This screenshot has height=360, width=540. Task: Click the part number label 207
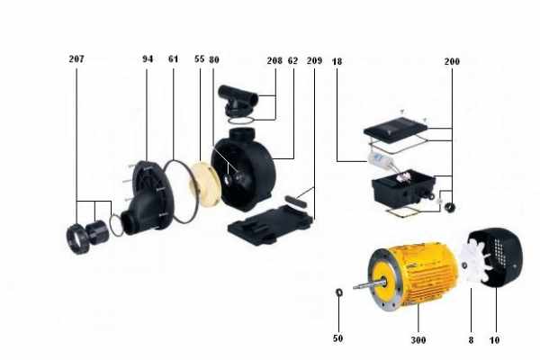pos(76,58)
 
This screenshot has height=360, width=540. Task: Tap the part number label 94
pos(148,58)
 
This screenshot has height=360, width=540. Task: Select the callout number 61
pos(173,58)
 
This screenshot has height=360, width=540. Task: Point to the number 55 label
pos(200,58)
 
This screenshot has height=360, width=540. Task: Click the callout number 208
pos(274,60)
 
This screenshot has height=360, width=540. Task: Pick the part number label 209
pos(314,60)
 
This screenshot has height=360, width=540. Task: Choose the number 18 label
pos(337,61)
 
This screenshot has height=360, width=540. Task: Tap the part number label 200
pos(452,61)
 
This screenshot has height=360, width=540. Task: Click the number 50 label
pos(337,338)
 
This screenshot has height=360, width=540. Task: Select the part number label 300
pos(418,340)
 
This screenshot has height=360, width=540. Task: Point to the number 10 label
pos(494,340)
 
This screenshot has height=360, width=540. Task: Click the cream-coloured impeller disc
pos(205,184)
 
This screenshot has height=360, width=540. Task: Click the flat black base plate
pos(271,225)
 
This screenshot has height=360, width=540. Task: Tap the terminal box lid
pos(395,129)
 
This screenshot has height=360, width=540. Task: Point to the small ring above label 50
pos(339,292)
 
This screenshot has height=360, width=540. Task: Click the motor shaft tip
pos(355,286)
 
